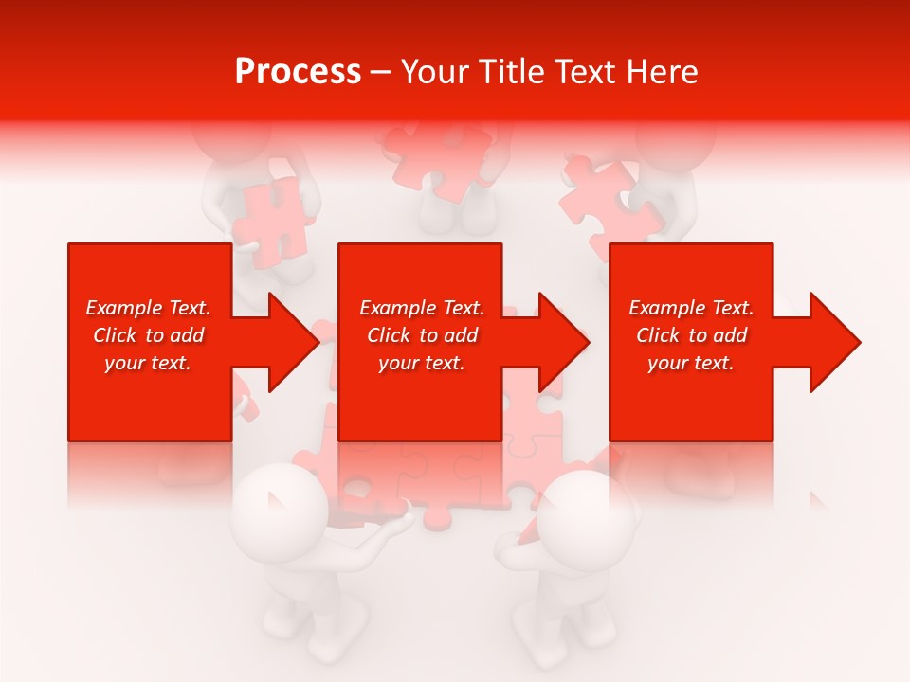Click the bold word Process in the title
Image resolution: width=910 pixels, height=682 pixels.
tap(298, 72)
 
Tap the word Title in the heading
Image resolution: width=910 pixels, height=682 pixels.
tap(508, 72)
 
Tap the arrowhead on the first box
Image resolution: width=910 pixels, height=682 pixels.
tap(289, 342)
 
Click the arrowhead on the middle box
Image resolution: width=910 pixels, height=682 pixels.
tap(560, 342)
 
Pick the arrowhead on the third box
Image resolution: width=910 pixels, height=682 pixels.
tap(830, 342)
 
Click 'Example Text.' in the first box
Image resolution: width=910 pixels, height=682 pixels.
tap(148, 308)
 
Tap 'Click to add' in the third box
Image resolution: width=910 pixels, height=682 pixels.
tap(691, 335)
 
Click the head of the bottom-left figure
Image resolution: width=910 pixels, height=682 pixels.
tap(282, 511)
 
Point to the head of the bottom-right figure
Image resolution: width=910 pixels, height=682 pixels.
tap(590, 517)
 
